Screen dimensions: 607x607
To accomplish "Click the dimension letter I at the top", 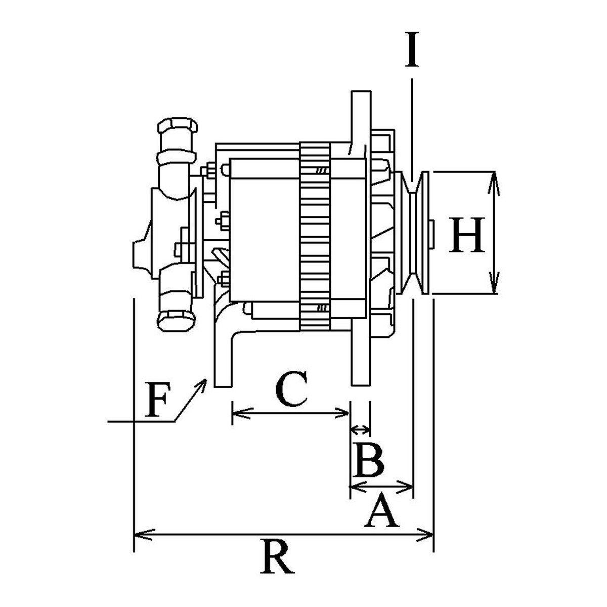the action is tap(411, 49).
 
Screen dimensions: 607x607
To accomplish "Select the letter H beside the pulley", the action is tap(467, 235).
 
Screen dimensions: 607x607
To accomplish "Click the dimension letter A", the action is tap(381, 510).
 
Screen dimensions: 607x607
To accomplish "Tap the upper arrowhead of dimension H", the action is tap(494, 183).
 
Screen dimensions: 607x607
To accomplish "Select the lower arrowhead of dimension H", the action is tap(494, 283).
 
